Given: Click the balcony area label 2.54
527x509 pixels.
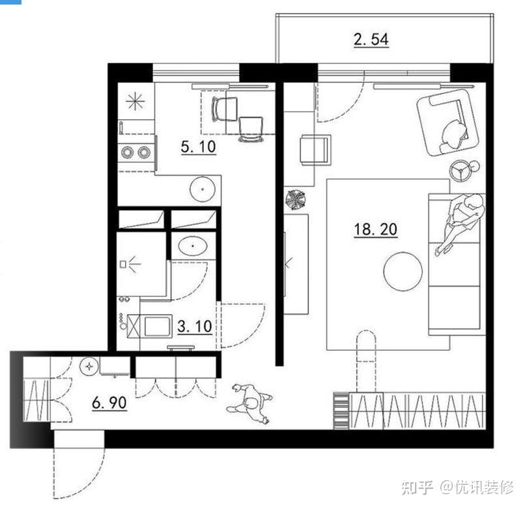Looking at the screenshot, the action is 371,39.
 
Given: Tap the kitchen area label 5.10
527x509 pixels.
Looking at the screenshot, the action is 198,147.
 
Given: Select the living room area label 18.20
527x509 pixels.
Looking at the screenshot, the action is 375,229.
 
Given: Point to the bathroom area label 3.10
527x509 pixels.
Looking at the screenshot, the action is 194,327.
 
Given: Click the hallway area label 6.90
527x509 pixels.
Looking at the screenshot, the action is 109,402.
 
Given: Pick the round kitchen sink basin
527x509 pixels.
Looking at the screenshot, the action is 203,189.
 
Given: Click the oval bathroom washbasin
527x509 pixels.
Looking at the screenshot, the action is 192,246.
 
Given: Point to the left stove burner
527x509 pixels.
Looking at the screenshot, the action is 127,153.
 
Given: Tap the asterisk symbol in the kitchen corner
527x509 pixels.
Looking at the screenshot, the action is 135,101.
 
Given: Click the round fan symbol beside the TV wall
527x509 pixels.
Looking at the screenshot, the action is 296,200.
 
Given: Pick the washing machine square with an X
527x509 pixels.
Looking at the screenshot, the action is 133,327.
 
